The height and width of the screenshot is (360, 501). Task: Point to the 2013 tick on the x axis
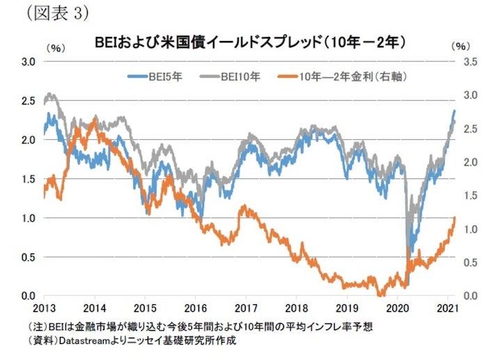43,308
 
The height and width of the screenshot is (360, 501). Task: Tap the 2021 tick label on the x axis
445,308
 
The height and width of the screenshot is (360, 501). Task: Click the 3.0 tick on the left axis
28,61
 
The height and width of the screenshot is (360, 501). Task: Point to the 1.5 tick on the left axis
28,179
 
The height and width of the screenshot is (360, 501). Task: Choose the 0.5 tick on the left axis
28,257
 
